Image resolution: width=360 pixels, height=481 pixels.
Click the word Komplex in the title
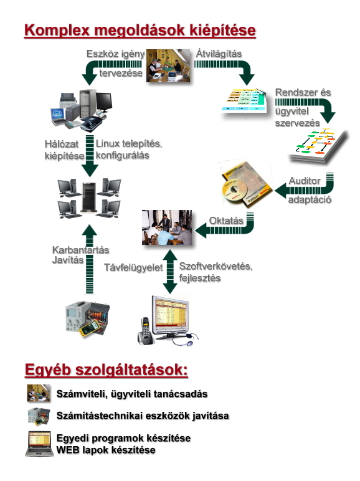(57, 31)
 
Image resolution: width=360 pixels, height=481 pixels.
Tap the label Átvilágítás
(219, 54)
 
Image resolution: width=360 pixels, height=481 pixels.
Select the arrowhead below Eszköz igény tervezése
(90, 79)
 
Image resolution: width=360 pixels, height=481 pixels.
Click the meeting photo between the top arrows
(168, 65)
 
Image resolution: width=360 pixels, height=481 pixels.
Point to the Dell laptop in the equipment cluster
(58, 117)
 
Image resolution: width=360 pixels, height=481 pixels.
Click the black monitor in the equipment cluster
(104, 101)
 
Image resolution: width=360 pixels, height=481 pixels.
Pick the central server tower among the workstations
(89, 197)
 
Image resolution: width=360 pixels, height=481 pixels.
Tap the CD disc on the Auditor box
(235, 190)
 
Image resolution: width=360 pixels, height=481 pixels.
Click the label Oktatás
(226, 221)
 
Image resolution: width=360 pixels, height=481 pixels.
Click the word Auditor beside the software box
(304, 181)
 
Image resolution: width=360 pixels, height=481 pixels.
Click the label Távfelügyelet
(133, 267)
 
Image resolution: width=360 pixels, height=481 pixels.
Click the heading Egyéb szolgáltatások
(106, 369)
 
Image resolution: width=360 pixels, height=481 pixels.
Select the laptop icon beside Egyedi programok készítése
(39, 444)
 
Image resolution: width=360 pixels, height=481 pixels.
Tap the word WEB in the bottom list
(66, 450)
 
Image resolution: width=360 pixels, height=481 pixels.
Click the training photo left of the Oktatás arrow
(167, 227)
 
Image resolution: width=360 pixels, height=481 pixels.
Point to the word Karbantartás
(80, 250)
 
